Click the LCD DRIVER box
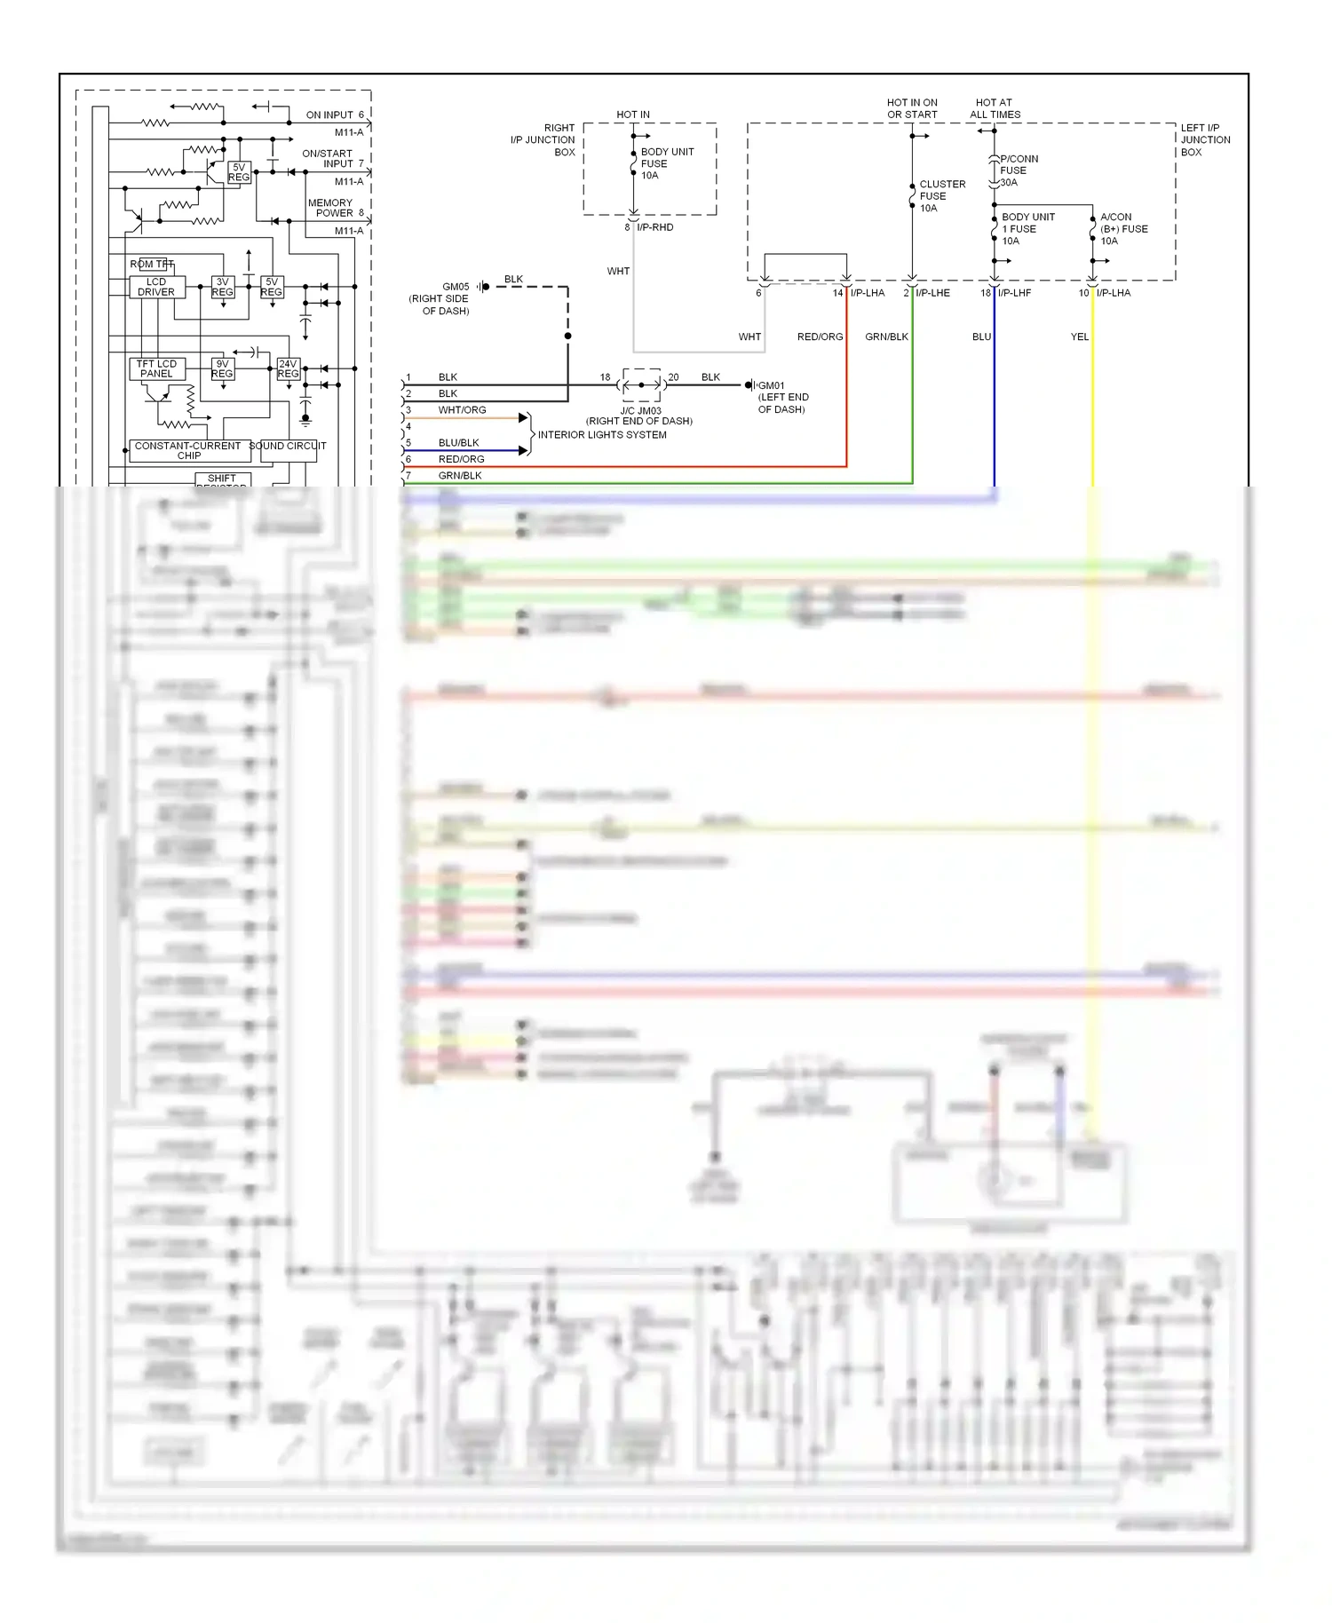coord(155,287)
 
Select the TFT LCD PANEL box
coord(156,368)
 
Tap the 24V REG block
coord(288,368)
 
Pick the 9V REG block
coord(222,368)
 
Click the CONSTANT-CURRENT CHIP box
coord(188,451)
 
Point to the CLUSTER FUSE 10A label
coord(941,196)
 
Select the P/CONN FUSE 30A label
coord(1018,170)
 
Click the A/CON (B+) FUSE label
coord(1123,229)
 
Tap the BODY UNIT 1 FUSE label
coord(1027,229)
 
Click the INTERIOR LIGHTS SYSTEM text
coord(602,435)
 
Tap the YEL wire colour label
coord(1079,337)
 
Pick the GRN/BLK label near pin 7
coord(460,476)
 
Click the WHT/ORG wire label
coord(462,410)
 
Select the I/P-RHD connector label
coord(655,228)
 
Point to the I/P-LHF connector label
coord(1014,293)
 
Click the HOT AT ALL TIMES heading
coord(995,108)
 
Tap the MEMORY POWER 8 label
coord(335,208)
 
